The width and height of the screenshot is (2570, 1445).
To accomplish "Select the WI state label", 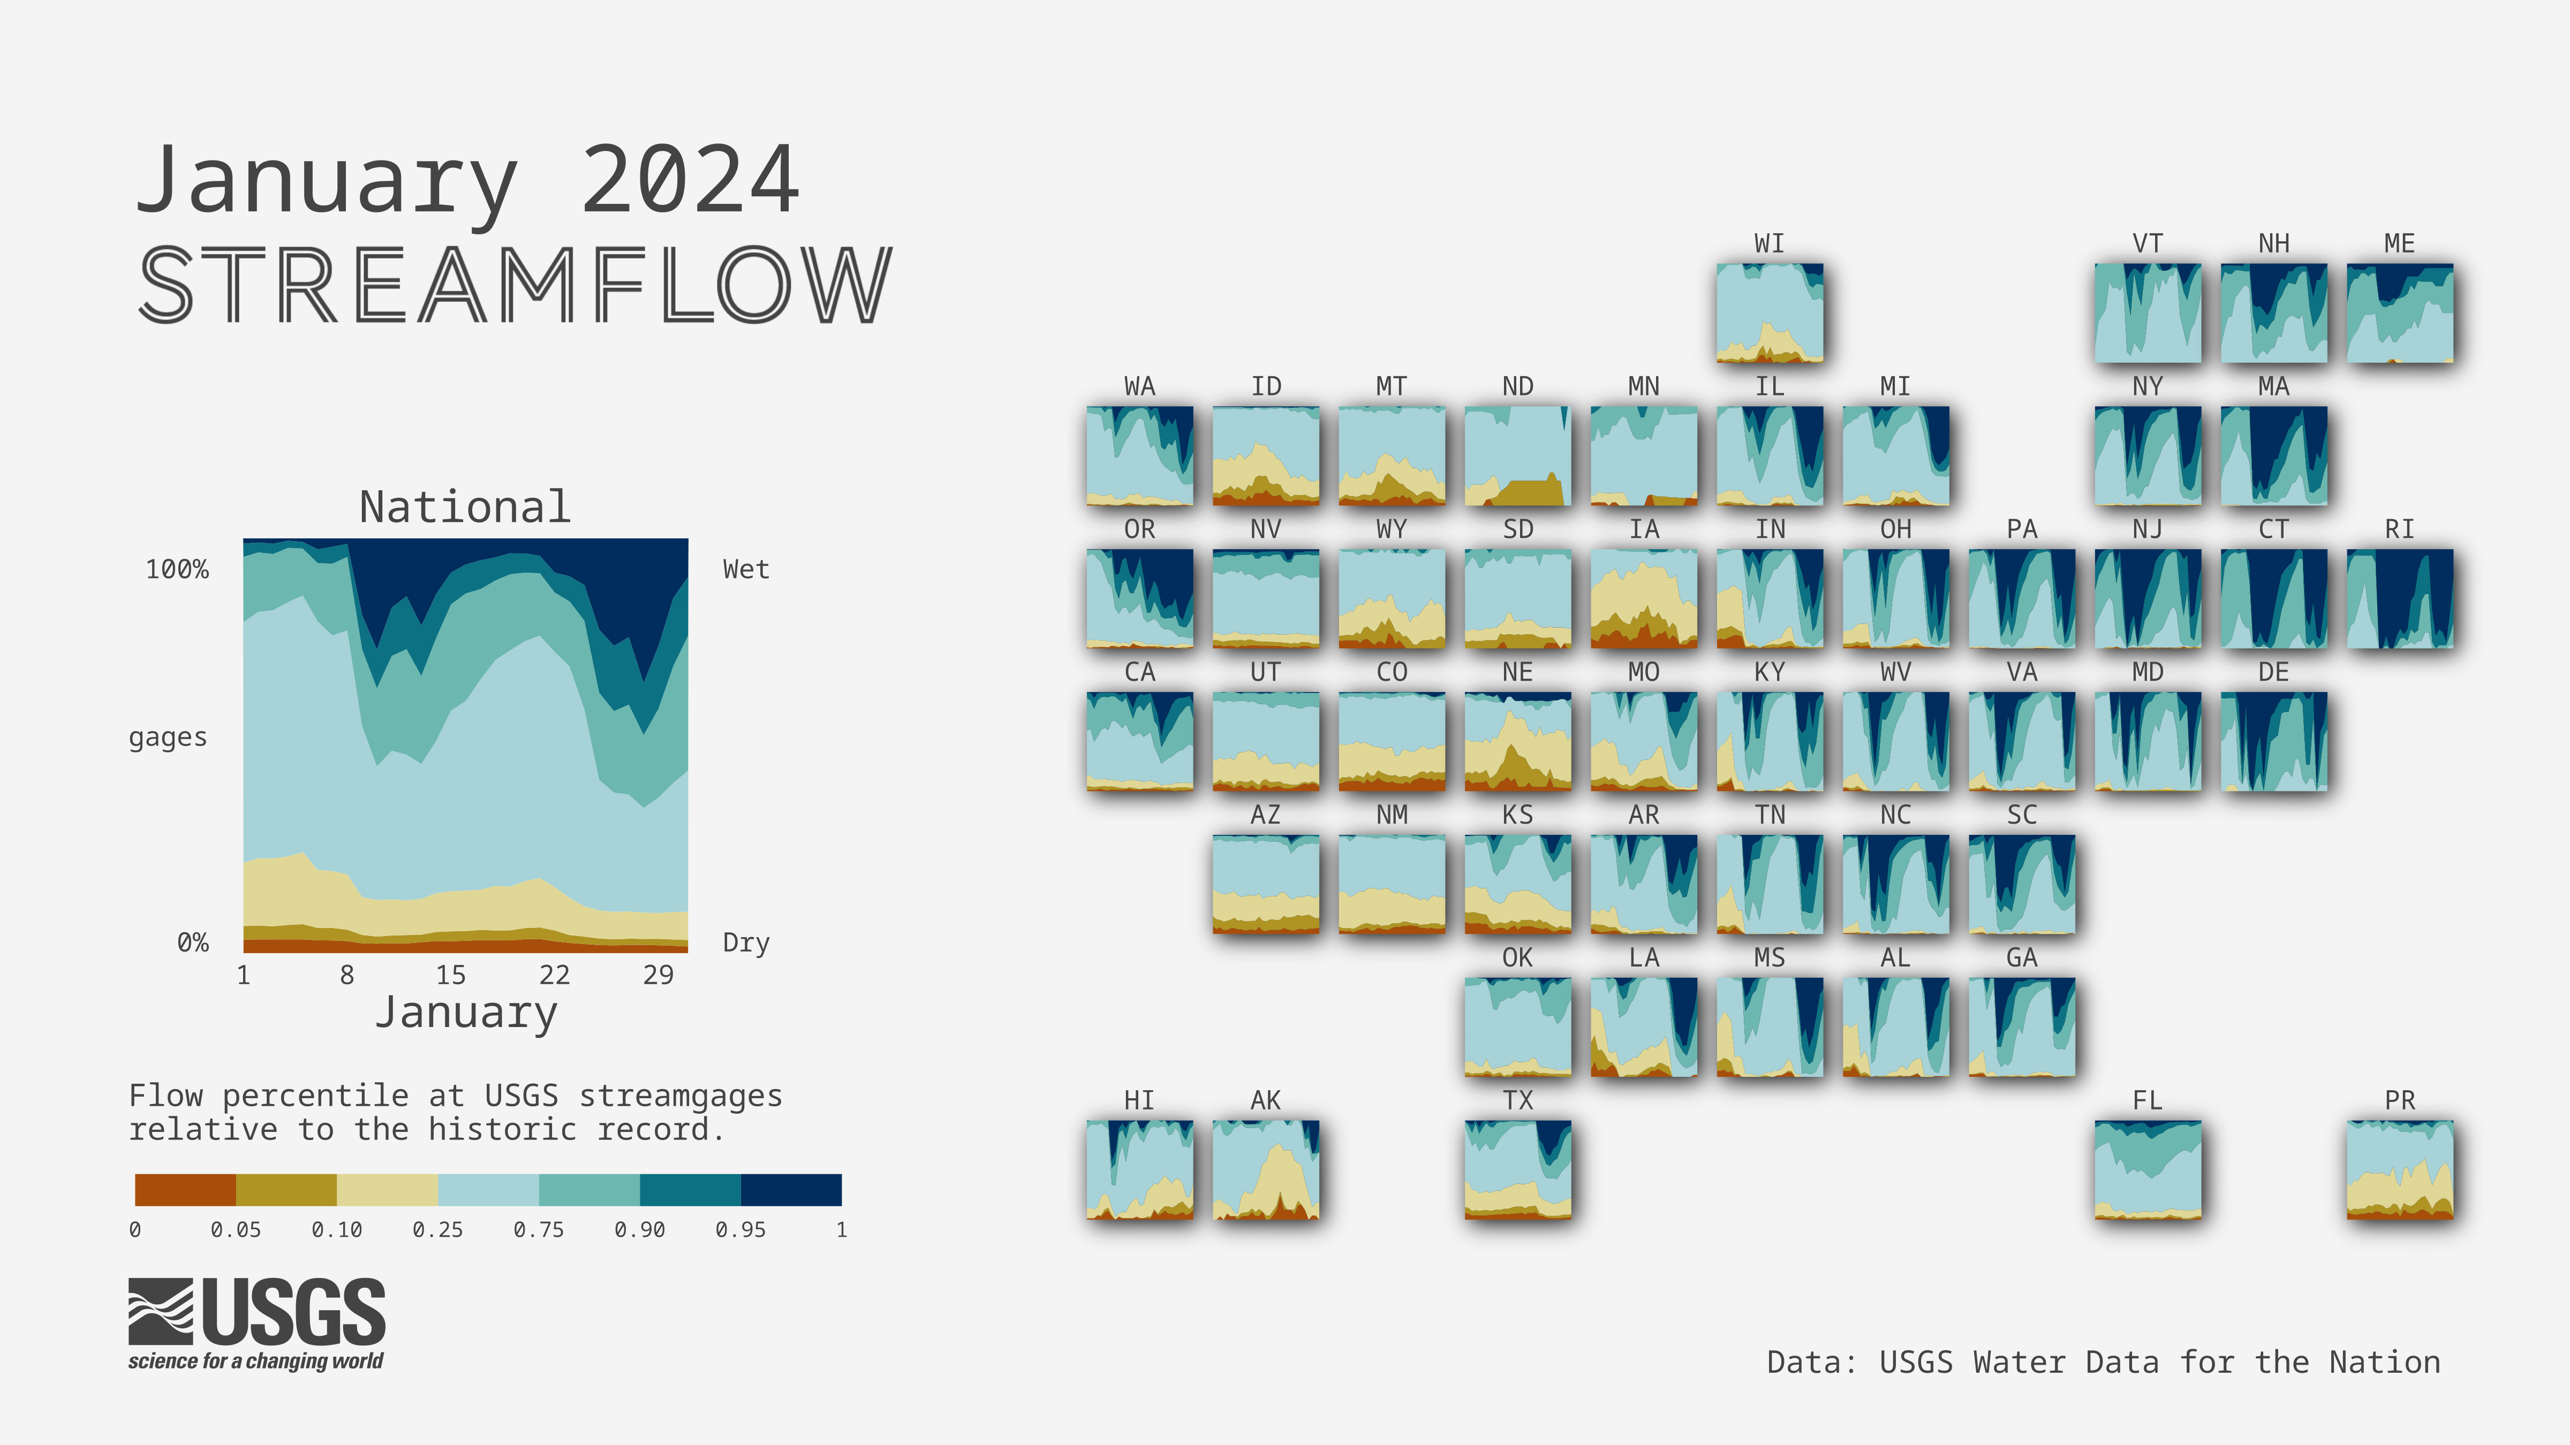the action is click(1769, 244).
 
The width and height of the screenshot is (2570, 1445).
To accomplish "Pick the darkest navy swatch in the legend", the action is click(791, 1190).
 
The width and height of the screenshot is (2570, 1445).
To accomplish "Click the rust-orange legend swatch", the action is click(186, 1190).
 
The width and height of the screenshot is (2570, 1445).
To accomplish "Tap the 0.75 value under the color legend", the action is click(539, 1230).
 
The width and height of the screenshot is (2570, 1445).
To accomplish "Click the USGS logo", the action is click(256, 1325).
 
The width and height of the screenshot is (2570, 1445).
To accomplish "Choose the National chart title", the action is click(465, 507).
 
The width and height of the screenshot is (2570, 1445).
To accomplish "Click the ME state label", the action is click(2399, 244).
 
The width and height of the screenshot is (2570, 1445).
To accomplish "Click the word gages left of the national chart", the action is click(168, 738).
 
